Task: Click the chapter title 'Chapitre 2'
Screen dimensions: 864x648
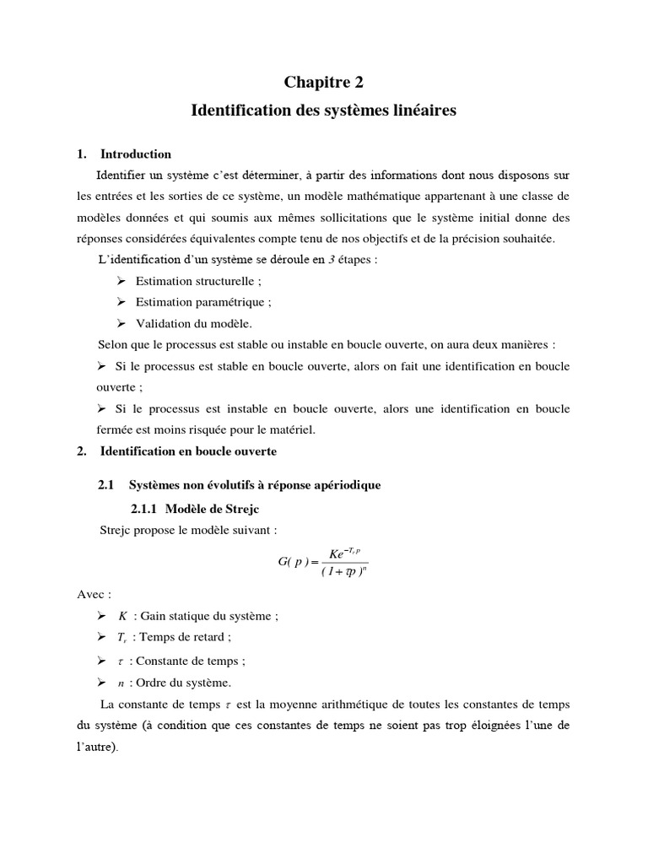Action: pos(324,82)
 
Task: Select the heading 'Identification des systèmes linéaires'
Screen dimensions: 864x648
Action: pos(324,111)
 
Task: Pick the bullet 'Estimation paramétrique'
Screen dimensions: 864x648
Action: pos(203,302)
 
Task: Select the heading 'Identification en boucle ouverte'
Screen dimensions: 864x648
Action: pos(188,452)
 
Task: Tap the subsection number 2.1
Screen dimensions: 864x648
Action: pos(105,485)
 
